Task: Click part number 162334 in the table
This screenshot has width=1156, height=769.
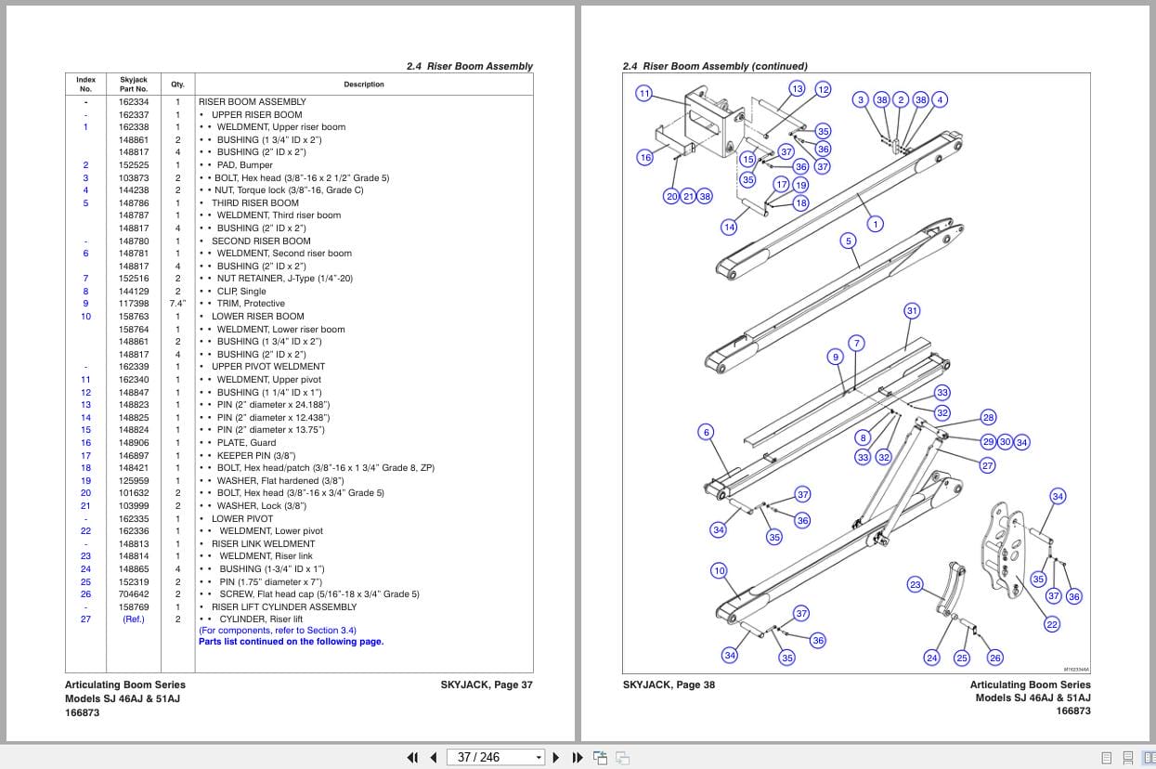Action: coord(133,102)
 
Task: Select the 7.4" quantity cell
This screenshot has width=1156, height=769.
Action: coord(177,304)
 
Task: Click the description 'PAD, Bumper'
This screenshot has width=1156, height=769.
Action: coord(244,165)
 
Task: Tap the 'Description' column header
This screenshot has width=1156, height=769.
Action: coord(363,85)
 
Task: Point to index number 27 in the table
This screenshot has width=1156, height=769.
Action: coord(85,619)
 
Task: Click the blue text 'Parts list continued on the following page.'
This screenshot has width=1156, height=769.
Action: coord(291,642)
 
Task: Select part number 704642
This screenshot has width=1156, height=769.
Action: coord(133,594)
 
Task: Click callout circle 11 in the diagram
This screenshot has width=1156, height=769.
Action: coord(643,93)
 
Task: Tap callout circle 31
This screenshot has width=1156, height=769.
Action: coord(912,311)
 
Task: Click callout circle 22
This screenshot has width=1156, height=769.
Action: coord(1052,624)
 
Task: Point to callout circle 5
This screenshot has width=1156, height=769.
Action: coord(848,241)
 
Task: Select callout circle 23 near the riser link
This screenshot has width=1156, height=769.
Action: coord(916,584)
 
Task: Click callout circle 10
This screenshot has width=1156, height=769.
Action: coord(719,570)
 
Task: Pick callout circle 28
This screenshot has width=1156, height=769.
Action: coord(988,418)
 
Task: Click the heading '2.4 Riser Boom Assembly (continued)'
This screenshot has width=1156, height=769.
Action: coord(714,67)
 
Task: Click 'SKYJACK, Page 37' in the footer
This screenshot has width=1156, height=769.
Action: coord(487,685)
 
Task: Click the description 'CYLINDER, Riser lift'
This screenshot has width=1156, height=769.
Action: coord(259,619)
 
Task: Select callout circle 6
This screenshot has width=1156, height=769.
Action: coord(707,432)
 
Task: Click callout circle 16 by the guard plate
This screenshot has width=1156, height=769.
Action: coord(645,157)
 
